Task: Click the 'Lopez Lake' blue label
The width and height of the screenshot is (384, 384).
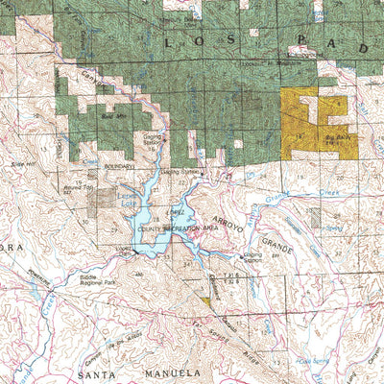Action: [x=127, y=195]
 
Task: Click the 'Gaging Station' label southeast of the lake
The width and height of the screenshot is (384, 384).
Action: [x=252, y=257]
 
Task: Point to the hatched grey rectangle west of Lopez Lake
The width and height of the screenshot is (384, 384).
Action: [x=101, y=202]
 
